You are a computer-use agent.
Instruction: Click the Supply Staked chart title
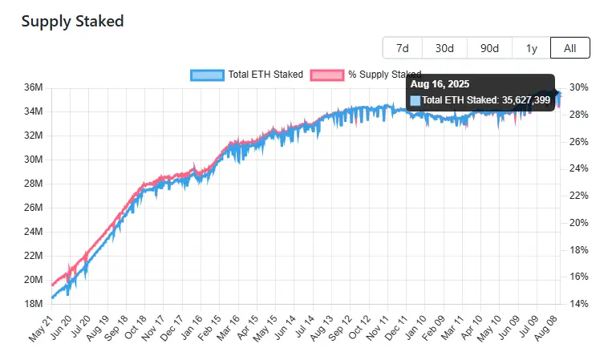pos(72,22)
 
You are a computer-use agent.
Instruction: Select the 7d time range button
pos(402,48)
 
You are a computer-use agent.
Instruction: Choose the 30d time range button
pos(444,48)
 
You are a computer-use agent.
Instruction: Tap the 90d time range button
pos(489,48)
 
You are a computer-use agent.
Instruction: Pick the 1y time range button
pos(531,48)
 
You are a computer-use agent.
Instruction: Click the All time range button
pos(569,48)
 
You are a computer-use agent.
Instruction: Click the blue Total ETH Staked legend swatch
pos(207,75)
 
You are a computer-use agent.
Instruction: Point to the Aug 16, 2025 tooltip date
pos(440,83)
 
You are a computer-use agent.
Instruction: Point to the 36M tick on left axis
pos(34,87)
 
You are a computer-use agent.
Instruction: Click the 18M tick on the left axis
pos(34,304)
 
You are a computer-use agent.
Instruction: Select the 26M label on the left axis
pos(34,208)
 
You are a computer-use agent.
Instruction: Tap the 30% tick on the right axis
pos(579,87)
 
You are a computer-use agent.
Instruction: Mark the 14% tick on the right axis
pos(579,304)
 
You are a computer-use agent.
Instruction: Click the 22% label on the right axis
pos(579,196)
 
